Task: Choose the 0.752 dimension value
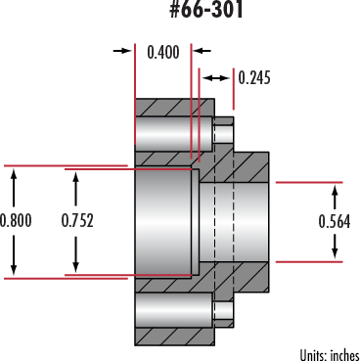point(77,220)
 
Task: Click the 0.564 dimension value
point(337,221)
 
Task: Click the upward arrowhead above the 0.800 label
point(14,173)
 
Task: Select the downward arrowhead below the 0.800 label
point(14,269)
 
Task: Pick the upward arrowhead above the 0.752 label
point(76,175)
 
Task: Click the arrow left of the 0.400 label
point(124,49)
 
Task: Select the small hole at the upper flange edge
point(223,131)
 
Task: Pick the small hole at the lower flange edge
point(223,312)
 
